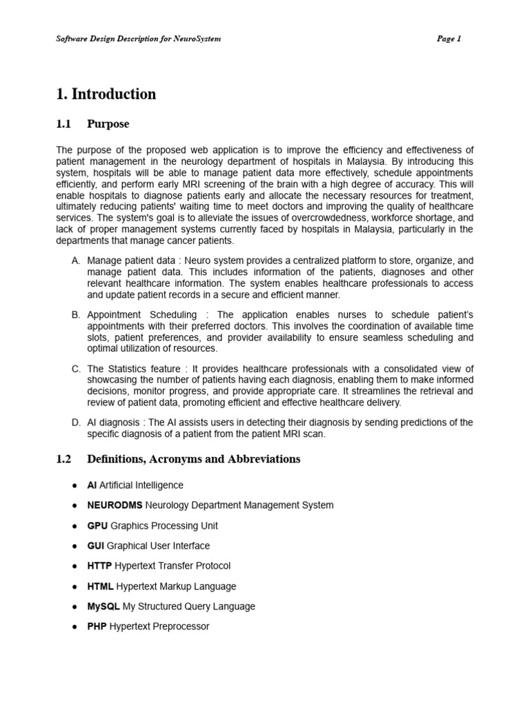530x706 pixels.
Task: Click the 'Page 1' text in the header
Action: pyautogui.click(x=449, y=39)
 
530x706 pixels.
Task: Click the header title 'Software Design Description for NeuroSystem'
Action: pyautogui.click(x=138, y=39)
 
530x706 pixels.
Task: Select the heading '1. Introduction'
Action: pyautogui.click(x=106, y=94)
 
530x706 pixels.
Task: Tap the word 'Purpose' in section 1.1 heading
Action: pyautogui.click(x=108, y=124)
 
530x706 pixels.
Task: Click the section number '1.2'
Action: pyautogui.click(x=63, y=459)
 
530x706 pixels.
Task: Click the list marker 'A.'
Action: pyautogui.click(x=76, y=261)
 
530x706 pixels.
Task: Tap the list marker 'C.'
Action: pyautogui.click(x=76, y=369)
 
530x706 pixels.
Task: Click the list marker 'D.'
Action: pyautogui.click(x=76, y=423)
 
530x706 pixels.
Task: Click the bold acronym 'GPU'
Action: pyautogui.click(x=97, y=525)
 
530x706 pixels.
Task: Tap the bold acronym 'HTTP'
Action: pyautogui.click(x=99, y=566)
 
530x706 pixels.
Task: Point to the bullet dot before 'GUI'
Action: pyautogui.click(x=74, y=546)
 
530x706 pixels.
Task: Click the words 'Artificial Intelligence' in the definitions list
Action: pyautogui.click(x=141, y=485)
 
